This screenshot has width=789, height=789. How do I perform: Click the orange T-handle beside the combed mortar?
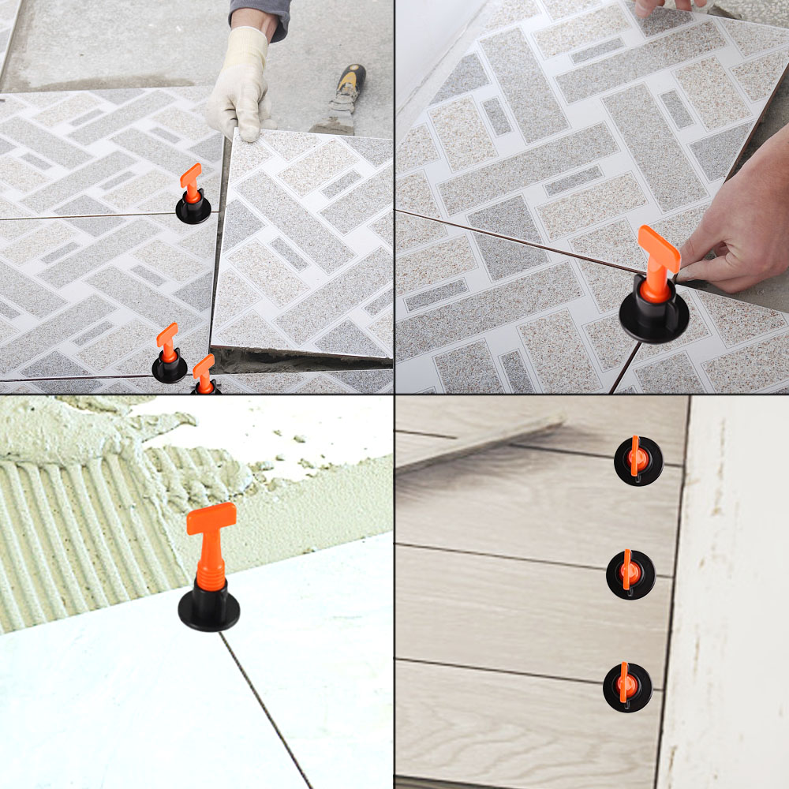tap(211, 518)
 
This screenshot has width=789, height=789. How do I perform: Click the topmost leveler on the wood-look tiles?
tap(638, 461)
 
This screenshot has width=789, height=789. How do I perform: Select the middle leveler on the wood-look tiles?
tap(630, 574)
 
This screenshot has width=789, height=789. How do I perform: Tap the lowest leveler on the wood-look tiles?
tap(627, 686)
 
